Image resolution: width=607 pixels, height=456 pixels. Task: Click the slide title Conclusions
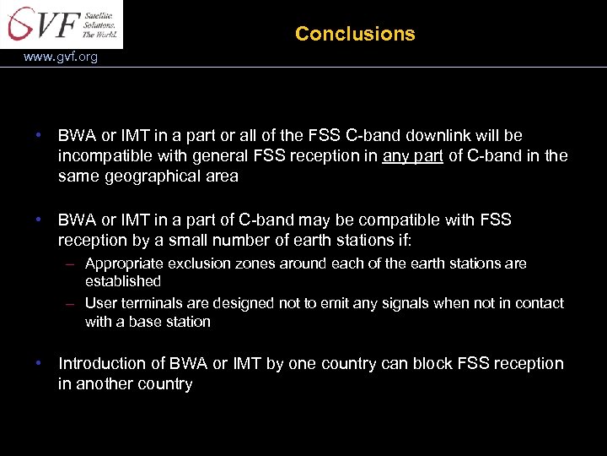pos(355,34)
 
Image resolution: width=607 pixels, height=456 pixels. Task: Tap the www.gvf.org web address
pos(61,57)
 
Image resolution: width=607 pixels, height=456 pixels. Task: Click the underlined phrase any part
pos(412,156)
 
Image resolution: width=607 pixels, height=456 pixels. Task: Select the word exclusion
pos(195,263)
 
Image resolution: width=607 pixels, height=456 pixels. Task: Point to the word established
pos(122,281)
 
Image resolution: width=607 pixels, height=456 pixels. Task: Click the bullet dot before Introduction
pos(39,363)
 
